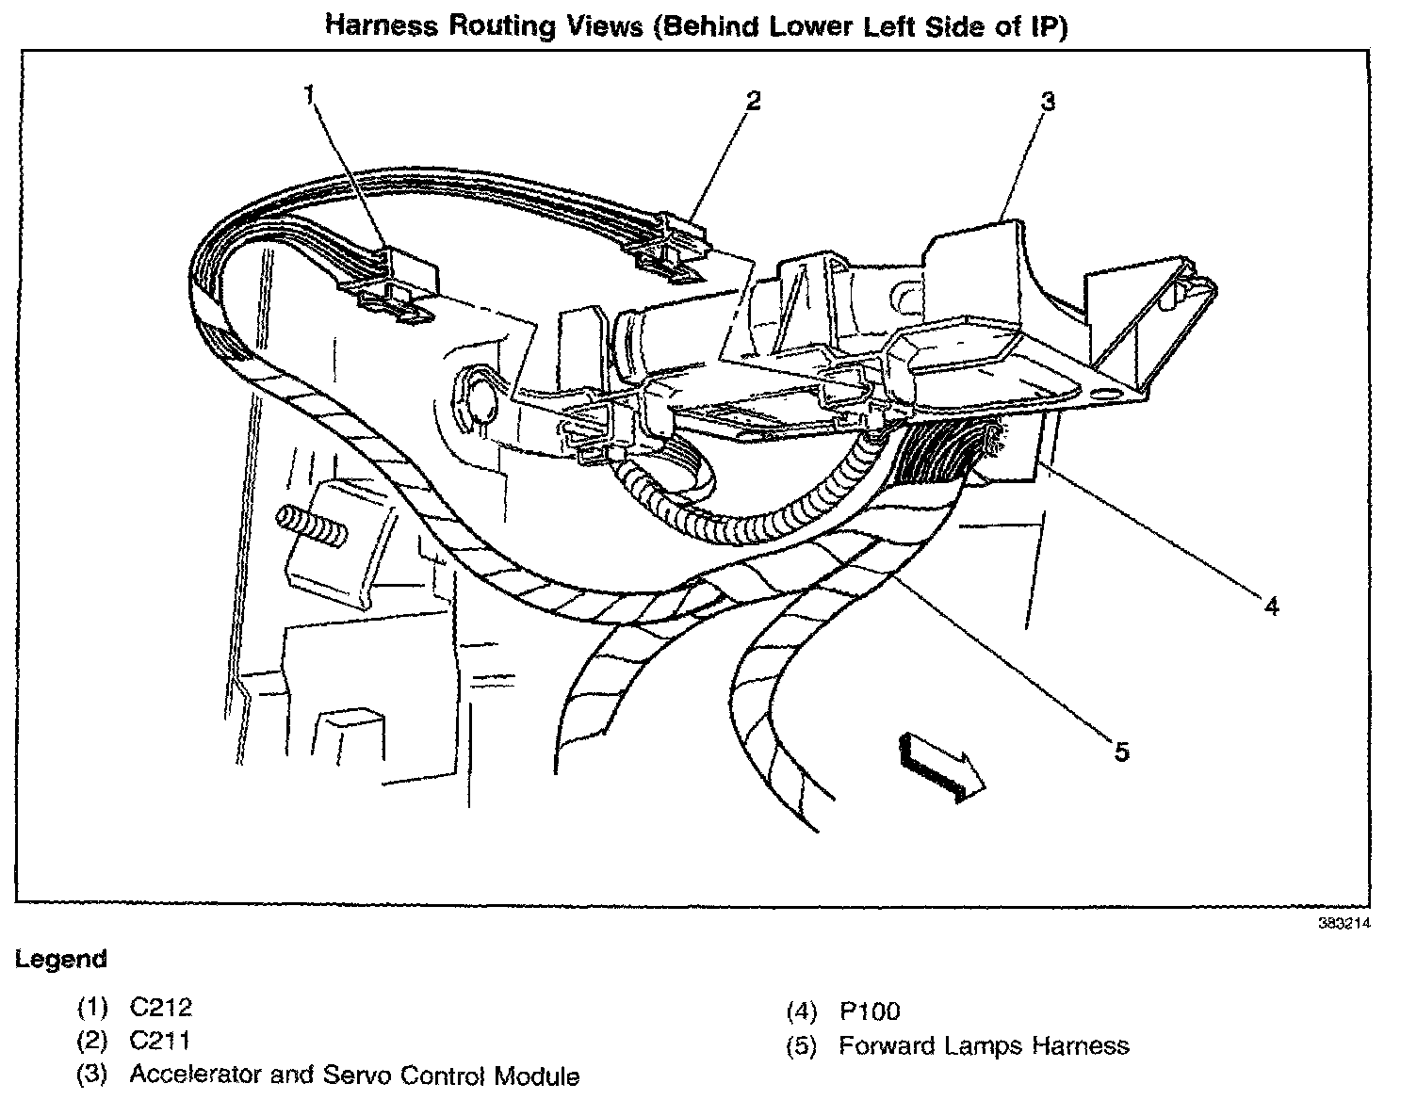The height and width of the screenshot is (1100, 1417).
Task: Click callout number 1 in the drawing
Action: click(311, 94)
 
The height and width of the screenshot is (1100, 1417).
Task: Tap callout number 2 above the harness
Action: click(752, 100)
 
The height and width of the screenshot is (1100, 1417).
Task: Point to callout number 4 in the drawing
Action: click(1271, 607)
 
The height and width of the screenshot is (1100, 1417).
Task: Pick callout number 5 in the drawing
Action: click(1120, 752)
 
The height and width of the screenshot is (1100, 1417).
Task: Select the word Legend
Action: click(61, 960)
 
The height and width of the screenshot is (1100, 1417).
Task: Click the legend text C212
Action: click(160, 1008)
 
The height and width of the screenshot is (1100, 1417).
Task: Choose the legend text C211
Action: click(160, 1041)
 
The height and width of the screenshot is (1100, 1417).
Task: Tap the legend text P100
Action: click(869, 1011)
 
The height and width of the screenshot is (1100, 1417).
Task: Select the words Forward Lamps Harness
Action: click(984, 1045)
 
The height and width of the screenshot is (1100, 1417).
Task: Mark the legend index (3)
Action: click(91, 1075)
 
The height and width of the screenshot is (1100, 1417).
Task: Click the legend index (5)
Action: click(800, 1045)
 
